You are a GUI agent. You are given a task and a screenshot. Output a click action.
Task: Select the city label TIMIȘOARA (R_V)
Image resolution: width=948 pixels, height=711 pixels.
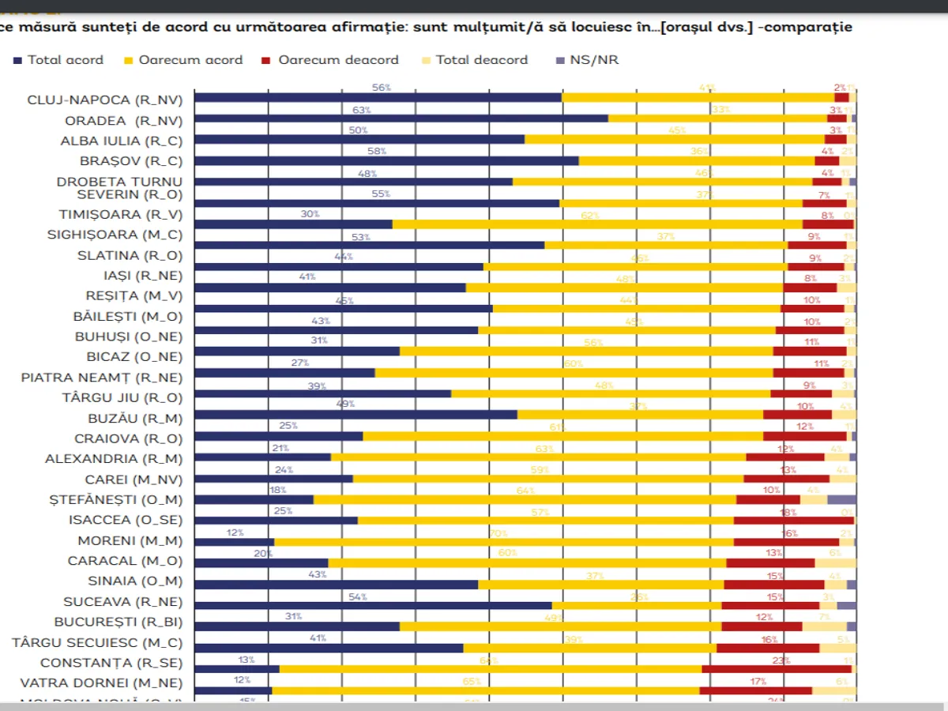point(120,214)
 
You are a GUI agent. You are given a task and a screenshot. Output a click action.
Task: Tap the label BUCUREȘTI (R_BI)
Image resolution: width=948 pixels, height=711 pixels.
point(118,622)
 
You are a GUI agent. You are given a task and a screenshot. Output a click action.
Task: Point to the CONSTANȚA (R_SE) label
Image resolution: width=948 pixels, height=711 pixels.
point(111,663)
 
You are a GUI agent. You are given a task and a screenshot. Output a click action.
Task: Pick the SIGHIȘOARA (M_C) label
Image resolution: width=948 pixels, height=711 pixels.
point(115,235)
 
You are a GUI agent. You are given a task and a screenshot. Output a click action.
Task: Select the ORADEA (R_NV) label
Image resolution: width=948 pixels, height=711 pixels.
point(123,121)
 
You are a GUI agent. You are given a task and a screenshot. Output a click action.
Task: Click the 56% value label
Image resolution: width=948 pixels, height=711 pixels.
point(382,88)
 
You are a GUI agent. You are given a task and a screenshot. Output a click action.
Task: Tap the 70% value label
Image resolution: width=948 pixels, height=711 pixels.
point(498,533)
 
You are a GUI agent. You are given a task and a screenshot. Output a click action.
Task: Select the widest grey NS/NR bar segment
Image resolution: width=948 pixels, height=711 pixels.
point(841,499)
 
